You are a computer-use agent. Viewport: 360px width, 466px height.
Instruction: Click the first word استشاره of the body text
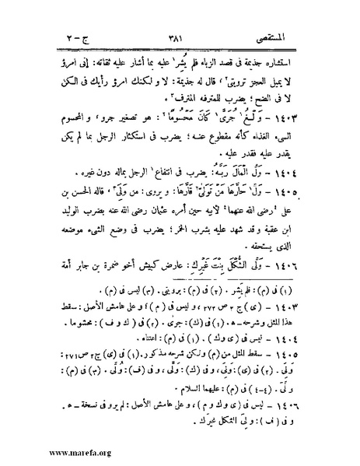(x=297, y=65)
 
